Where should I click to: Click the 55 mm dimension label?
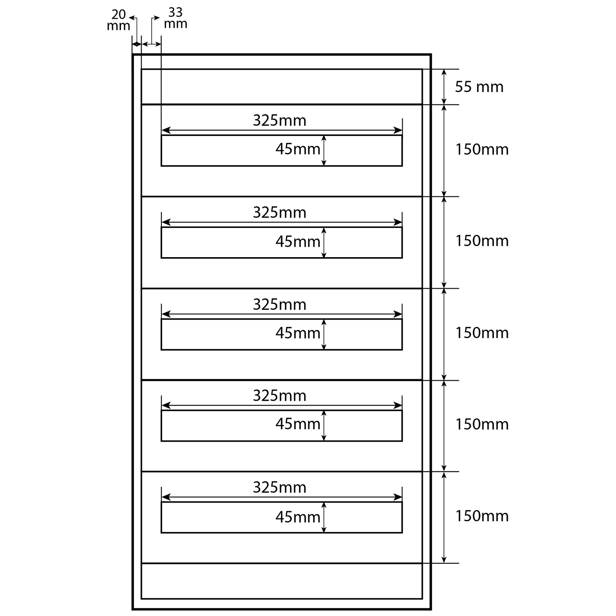click(479, 87)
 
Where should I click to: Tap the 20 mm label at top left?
click(119, 20)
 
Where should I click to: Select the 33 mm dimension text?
click(176, 18)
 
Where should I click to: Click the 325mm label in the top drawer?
click(280, 121)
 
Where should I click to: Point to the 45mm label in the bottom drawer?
click(298, 517)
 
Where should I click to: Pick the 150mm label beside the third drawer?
click(482, 333)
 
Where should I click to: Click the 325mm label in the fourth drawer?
click(280, 396)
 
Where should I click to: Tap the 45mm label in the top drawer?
click(298, 149)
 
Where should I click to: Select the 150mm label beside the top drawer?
click(482, 149)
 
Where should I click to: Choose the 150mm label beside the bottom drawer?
click(482, 516)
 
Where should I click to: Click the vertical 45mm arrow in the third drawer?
click(324, 334)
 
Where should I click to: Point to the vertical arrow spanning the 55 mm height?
click(444, 87)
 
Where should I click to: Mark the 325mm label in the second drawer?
click(280, 213)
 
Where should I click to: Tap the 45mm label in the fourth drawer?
click(298, 424)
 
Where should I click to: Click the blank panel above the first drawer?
click(281, 87)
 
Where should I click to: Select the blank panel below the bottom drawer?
click(281, 581)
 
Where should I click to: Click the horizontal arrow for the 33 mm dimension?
click(152, 45)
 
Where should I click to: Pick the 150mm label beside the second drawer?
click(482, 241)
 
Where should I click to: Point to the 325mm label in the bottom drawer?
click(280, 488)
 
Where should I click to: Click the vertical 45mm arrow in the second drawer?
click(324, 243)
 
